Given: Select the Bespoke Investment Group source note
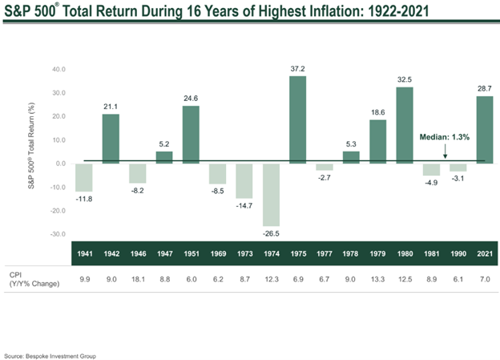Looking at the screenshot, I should [50, 354].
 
